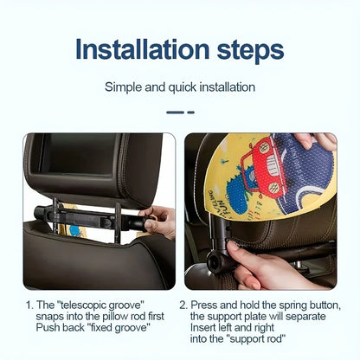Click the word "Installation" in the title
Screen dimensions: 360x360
[x=143, y=49]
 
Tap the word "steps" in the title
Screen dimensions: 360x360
[x=251, y=51]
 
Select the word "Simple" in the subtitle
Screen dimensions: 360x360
[x=123, y=87]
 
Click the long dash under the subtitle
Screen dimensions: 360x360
[x=175, y=112]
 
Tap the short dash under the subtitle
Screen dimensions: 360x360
[x=191, y=112]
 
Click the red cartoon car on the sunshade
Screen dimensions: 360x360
[x=264, y=168]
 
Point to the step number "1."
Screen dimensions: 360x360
[x=29, y=305]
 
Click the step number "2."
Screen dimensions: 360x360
[x=183, y=305]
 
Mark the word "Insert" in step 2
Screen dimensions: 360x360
[x=202, y=328]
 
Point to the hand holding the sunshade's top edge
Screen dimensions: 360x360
[x=317, y=140]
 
